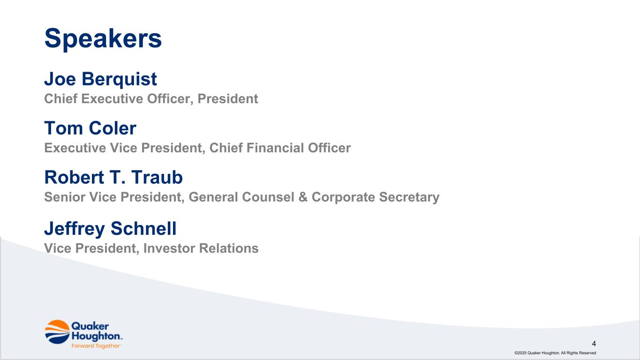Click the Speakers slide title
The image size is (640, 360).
coord(103,39)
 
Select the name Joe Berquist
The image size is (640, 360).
coord(100,79)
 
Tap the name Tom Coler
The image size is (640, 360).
coord(90,128)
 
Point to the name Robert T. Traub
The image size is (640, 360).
coord(113,177)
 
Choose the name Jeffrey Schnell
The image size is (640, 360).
coord(110,229)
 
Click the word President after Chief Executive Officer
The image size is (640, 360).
coord(228,99)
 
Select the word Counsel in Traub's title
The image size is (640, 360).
coord(268,197)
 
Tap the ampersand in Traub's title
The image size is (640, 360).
coord(303,197)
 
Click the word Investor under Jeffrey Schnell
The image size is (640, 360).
coord(169,248)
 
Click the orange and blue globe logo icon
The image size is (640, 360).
coord(57,332)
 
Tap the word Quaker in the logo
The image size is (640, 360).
coord(90,326)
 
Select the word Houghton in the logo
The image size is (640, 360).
coord(96,336)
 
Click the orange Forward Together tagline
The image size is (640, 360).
coord(96,346)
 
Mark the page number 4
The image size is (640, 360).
coord(594,344)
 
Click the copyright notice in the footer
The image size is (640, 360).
coord(555,353)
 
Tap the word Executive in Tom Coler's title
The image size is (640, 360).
coord(75,148)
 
